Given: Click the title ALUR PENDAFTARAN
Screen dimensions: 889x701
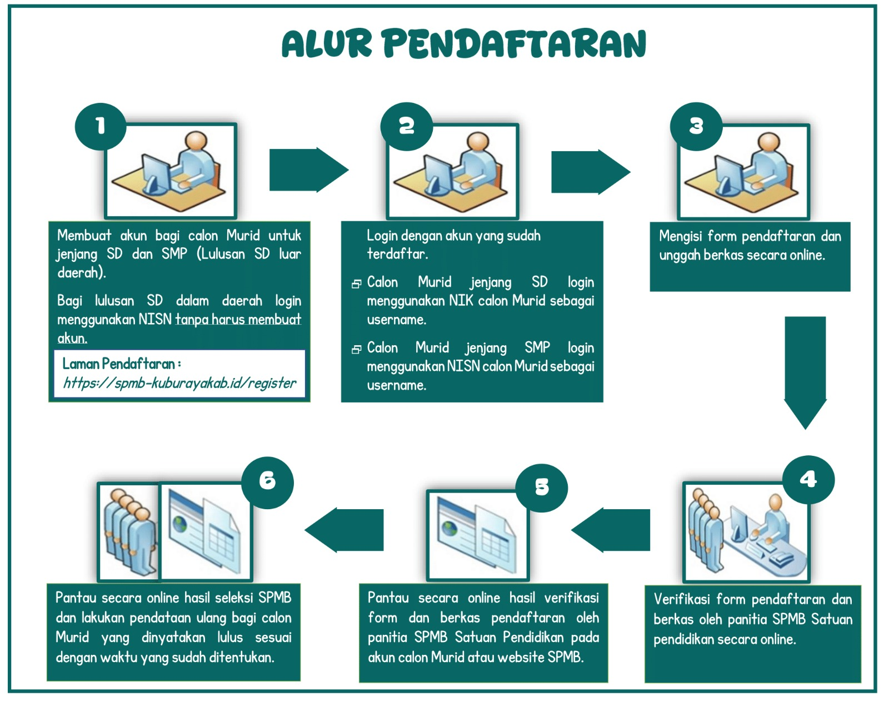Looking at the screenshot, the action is click(x=464, y=43).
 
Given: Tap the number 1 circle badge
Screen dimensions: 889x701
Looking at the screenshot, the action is click(x=101, y=127).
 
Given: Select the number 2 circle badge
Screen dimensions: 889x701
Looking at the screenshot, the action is click(x=407, y=127).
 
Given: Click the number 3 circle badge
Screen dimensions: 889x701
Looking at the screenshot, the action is click(x=696, y=127).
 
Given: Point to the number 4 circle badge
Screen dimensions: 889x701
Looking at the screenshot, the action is click(x=808, y=480).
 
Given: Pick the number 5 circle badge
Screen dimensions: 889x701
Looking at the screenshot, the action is click(x=542, y=488).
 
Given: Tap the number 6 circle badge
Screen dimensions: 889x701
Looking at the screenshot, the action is click(x=267, y=483).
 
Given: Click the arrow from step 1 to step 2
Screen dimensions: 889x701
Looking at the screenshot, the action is click(x=309, y=170).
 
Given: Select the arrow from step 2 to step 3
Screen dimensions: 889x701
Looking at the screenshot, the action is click(x=591, y=172).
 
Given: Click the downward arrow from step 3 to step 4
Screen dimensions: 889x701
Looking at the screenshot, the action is click(x=805, y=373).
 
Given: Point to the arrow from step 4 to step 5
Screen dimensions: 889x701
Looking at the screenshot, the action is click(x=611, y=530).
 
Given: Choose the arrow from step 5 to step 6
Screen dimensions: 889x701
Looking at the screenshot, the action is click(x=344, y=530).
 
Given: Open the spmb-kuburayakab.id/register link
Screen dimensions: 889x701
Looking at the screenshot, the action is click(x=179, y=383).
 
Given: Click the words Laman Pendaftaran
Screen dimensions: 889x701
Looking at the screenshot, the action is click(x=118, y=364).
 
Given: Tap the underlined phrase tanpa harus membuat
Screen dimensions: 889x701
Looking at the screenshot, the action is click(x=238, y=319).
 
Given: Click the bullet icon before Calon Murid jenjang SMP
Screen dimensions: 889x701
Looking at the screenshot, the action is click(x=356, y=349).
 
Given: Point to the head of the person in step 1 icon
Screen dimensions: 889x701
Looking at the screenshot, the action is click(x=196, y=141).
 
